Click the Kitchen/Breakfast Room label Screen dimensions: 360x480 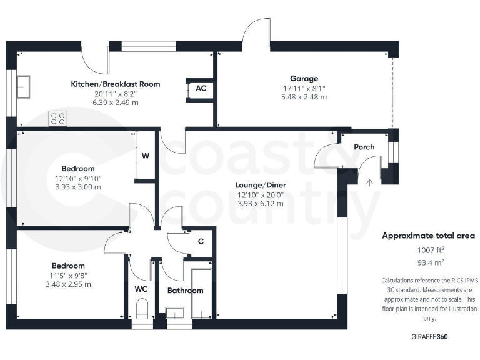[116, 84]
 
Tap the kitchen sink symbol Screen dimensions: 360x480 [24, 86]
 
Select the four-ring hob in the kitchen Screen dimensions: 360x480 [58, 118]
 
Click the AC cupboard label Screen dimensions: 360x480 [201, 89]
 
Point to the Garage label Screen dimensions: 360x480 [304, 79]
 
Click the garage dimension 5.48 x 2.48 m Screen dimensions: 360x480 [304, 97]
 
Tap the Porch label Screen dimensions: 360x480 [364, 147]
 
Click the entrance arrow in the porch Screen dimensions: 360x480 [369, 182]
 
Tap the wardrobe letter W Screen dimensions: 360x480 [145, 156]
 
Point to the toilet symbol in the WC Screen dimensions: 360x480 [141, 308]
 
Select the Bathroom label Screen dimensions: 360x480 [185, 291]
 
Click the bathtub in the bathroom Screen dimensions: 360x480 [202, 294]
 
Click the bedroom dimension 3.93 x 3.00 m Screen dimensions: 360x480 [78, 186]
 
